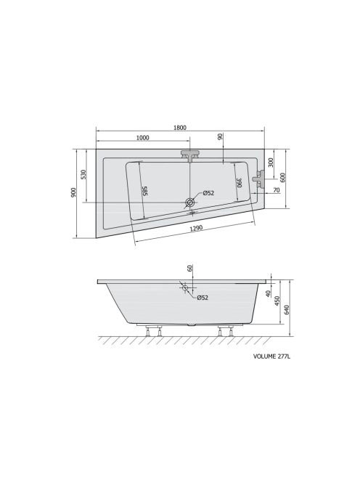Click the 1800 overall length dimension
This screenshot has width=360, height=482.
coord(180,127)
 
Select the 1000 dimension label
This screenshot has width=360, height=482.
coord(142,137)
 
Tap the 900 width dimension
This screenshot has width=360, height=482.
coord(73,192)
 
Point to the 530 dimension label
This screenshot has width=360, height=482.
coord(83,174)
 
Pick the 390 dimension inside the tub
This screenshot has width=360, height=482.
coord(240,183)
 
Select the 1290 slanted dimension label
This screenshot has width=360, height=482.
coord(196,229)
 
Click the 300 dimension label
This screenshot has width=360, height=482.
coord(271,162)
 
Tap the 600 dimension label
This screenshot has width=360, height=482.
coord(283,177)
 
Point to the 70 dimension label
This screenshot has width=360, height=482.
coord(277,190)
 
